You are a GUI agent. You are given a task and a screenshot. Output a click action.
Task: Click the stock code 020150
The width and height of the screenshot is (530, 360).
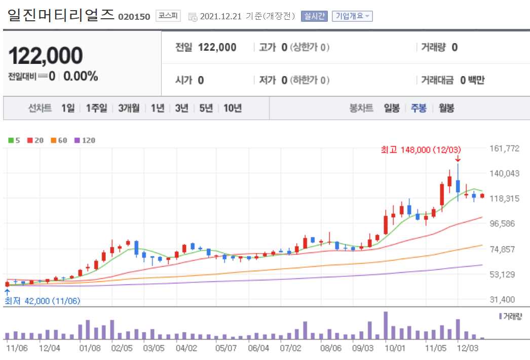point(134,17)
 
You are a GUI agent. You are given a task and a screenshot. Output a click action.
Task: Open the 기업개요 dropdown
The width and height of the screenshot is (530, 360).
point(352,16)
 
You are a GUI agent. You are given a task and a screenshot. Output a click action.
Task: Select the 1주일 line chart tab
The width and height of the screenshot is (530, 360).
point(96,108)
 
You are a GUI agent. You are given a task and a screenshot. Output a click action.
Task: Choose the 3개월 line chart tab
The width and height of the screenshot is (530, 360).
point(129,108)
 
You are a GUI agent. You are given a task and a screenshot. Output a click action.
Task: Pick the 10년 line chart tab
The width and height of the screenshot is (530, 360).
point(232,108)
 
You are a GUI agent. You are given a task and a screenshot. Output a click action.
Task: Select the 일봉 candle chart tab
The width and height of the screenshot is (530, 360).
point(392,108)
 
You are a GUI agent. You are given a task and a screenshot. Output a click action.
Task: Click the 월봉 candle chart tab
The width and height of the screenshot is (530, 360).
point(446,108)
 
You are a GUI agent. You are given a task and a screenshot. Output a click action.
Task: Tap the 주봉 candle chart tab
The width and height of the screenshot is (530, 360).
point(419,108)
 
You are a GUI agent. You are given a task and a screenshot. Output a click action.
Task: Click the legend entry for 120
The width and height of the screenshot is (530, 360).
point(85,140)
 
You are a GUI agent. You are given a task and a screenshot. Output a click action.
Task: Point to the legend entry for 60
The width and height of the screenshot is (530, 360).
point(59,140)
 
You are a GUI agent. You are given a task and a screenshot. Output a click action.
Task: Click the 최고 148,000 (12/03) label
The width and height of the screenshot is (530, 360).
point(421,150)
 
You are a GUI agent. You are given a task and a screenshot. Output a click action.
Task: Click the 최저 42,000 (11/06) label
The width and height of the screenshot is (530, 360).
point(43,301)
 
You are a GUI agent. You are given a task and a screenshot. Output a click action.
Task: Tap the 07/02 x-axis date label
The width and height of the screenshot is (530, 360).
point(291,348)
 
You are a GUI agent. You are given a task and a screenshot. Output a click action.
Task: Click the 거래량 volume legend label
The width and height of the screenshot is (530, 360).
point(512,316)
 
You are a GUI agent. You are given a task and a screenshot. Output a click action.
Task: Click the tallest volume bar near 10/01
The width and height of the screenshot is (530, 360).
point(386,326)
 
